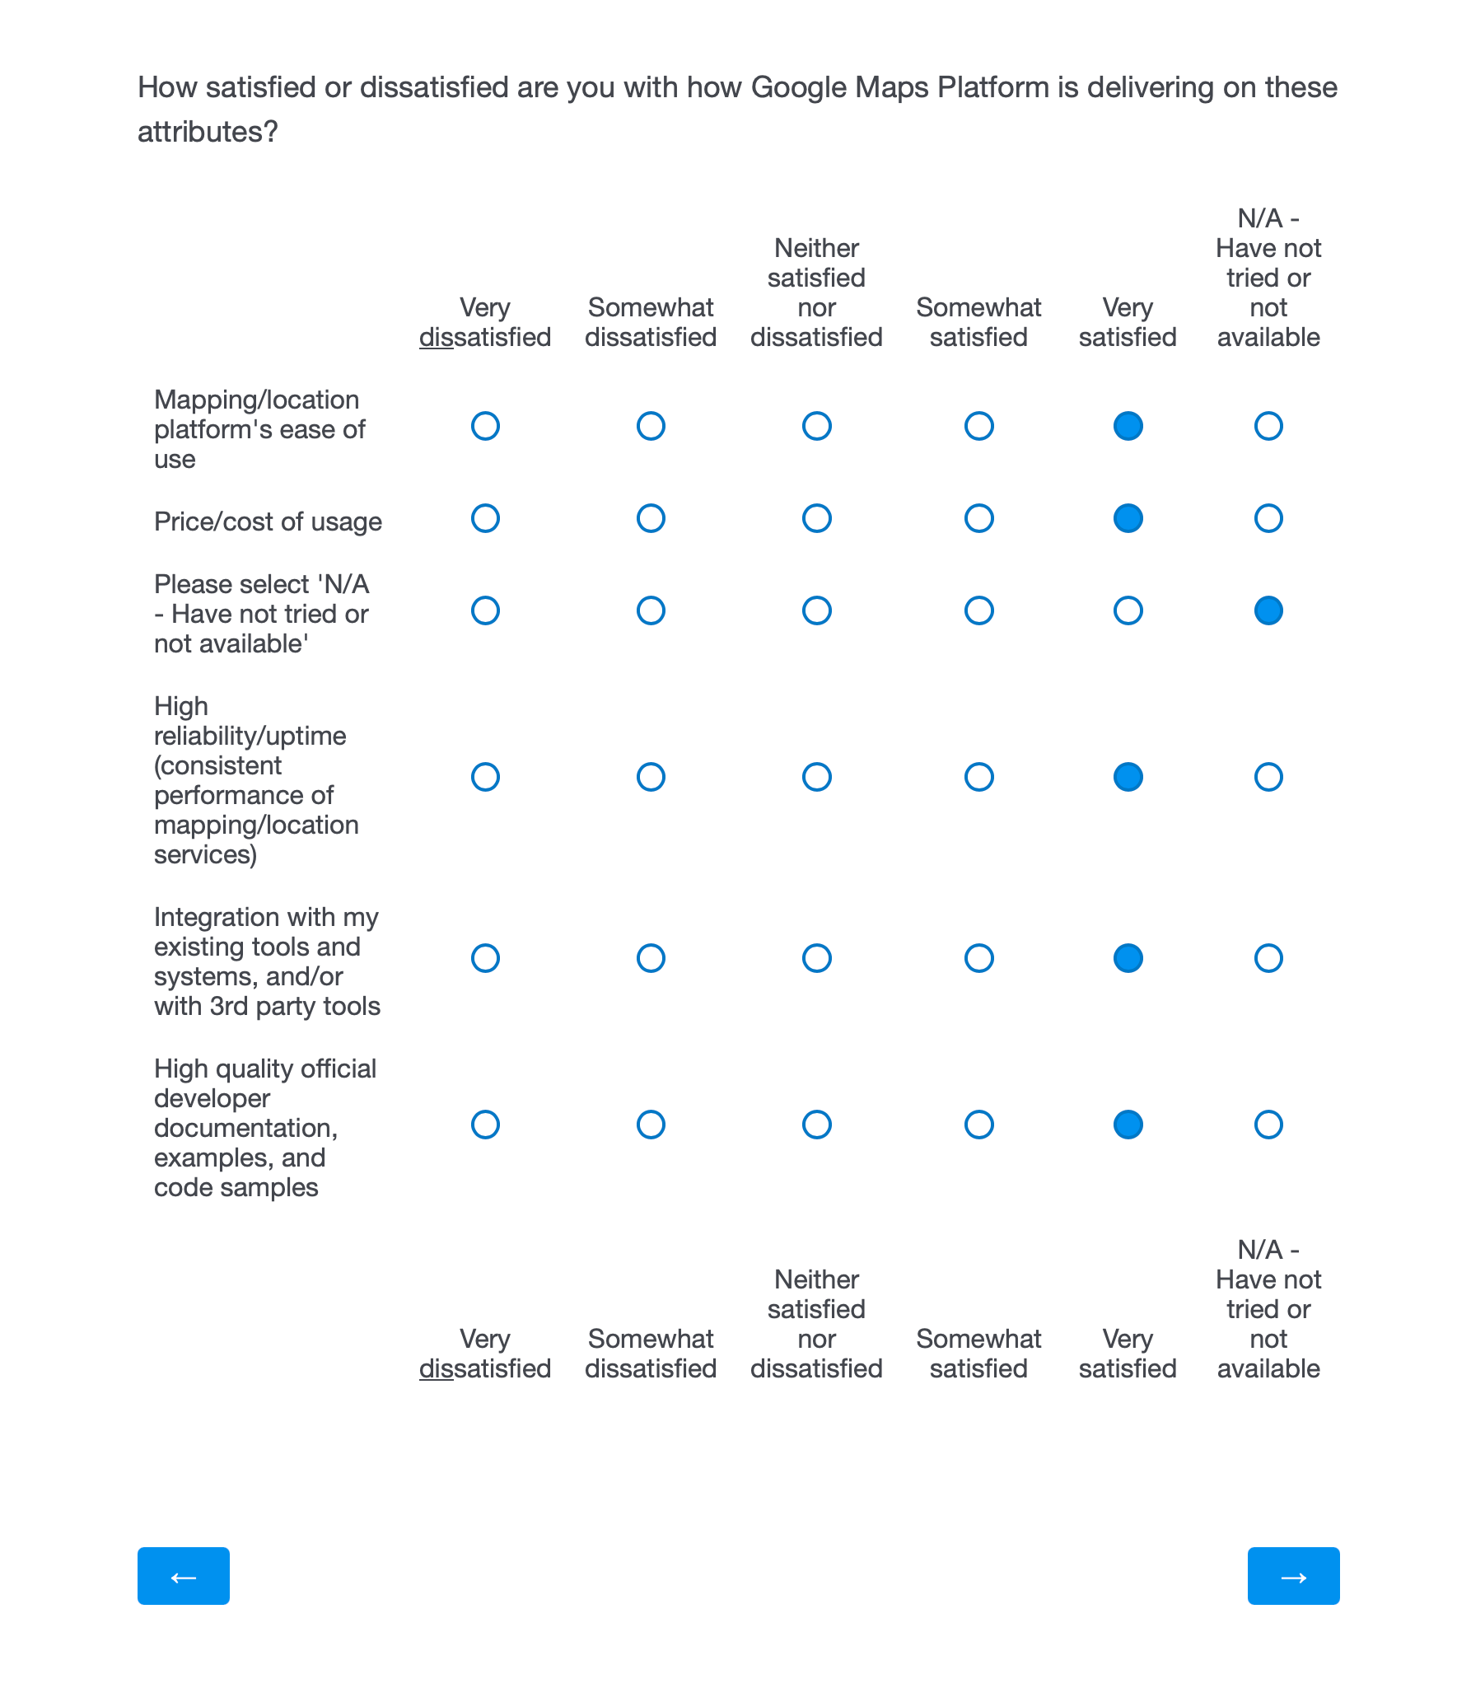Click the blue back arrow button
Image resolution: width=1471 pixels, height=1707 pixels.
[x=183, y=1576]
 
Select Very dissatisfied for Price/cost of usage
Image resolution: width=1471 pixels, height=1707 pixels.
[x=485, y=518]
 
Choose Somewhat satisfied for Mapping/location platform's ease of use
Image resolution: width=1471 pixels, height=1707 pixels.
[x=978, y=426]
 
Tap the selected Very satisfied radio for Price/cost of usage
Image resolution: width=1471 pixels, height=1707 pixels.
[x=1128, y=518]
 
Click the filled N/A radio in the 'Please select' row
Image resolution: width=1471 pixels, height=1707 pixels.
[x=1268, y=610]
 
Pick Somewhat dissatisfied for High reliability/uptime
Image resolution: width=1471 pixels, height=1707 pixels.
[x=651, y=777]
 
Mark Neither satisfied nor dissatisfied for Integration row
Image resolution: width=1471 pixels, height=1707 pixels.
[x=816, y=958]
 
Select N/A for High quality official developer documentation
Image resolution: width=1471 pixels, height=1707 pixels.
[x=1268, y=1125]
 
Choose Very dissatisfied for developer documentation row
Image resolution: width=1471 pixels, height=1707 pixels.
[x=485, y=1125]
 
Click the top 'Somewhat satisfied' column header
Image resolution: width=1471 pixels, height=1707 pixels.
[x=978, y=322]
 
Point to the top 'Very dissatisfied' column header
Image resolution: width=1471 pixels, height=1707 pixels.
[x=485, y=322]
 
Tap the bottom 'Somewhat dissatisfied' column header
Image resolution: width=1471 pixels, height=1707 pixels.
[x=651, y=1354]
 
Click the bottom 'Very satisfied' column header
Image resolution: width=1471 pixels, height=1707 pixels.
[x=1128, y=1354]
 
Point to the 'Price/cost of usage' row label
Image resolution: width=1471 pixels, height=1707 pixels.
[x=268, y=521]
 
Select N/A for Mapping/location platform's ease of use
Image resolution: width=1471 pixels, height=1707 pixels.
[x=1268, y=426]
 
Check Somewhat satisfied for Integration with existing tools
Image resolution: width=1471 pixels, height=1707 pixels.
[x=978, y=958]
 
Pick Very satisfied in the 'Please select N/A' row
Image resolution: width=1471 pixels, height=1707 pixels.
[x=1128, y=610]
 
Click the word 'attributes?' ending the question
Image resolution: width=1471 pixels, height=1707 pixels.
[x=208, y=132]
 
